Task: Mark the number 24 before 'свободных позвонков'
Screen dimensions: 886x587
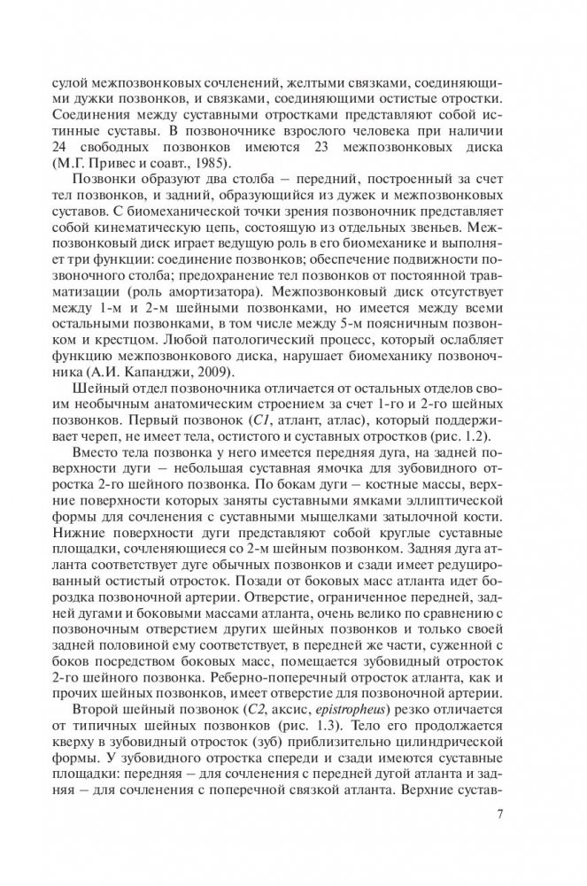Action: pos(36,146)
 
